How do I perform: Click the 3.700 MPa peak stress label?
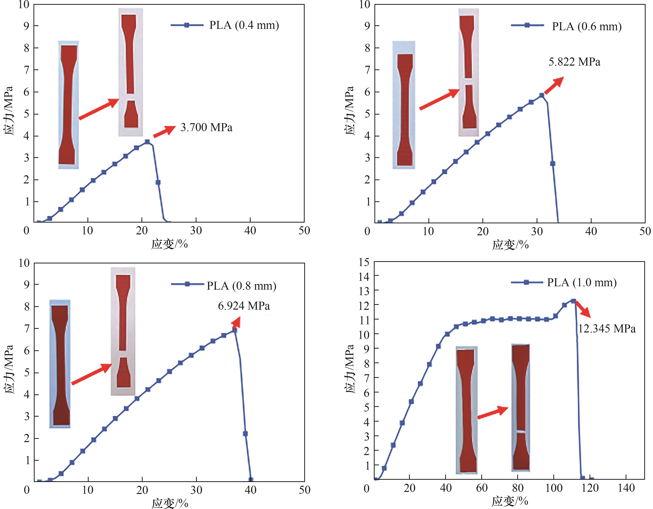pyautogui.click(x=206, y=128)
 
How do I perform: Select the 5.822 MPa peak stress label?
pyautogui.click(x=574, y=62)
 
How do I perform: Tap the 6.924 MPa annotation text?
pyautogui.click(x=244, y=306)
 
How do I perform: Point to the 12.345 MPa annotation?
pyautogui.click(x=607, y=329)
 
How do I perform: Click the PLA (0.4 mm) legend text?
pyautogui.click(x=244, y=25)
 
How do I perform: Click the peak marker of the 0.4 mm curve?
pyautogui.click(x=147, y=142)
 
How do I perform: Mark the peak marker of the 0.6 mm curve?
pyautogui.click(x=542, y=95)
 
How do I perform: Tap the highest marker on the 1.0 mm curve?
pyautogui.click(x=573, y=301)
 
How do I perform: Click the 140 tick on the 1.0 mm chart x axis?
pyautogui.click(x=626, y=488)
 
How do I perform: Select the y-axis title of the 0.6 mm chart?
pyautogui.click(x=349, y=111)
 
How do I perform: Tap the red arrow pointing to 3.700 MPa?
pyautogui.click(x=164, y=132)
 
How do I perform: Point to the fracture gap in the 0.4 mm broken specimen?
pyautogui.click(x=131, y=97)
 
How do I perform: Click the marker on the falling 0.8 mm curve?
pyautogui.click(x=245, y=433)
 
